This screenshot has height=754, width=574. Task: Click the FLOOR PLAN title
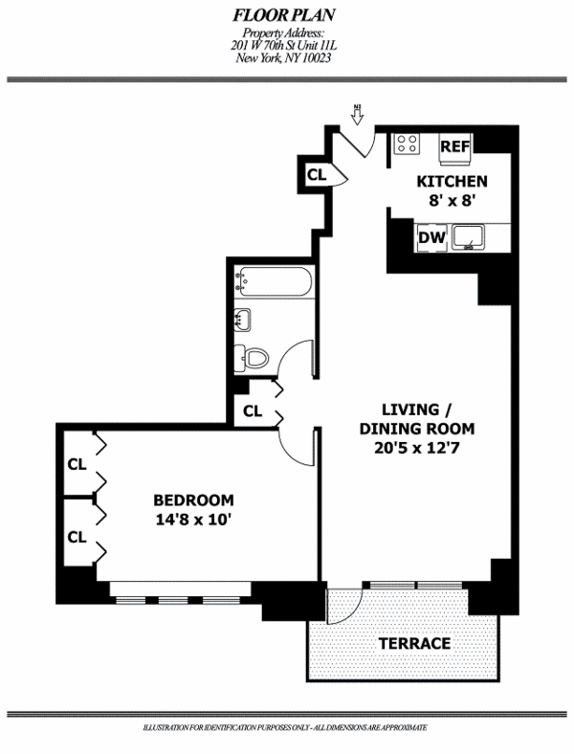(287, 16)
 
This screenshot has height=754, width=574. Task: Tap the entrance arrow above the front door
(357, 115)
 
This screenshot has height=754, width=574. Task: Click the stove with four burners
(407, 144)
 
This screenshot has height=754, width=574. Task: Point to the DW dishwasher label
(429, 237)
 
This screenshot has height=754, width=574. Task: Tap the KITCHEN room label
(452, 182)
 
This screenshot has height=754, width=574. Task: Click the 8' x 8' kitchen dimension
(452, 202)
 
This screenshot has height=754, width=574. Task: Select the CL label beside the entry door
(316, 175)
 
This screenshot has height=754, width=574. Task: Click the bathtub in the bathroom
(274, 282)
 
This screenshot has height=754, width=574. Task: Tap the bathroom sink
(243, 321)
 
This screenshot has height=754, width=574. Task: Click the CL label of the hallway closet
(253, 411)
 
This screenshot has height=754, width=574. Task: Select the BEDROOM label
(194, 499)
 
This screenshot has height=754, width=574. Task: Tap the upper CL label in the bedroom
(77, 465)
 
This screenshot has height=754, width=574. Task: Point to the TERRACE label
(413, 643)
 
